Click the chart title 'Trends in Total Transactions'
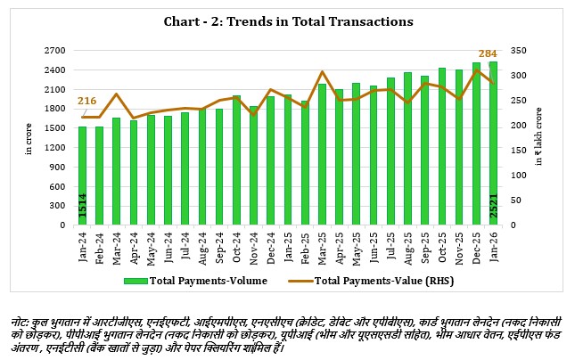[x=288, y=20]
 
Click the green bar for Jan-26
[x=493, y=143]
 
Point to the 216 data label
[x=87, y=102]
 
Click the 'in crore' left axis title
[x=28, y=138]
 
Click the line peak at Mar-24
[x=117, y=94]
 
